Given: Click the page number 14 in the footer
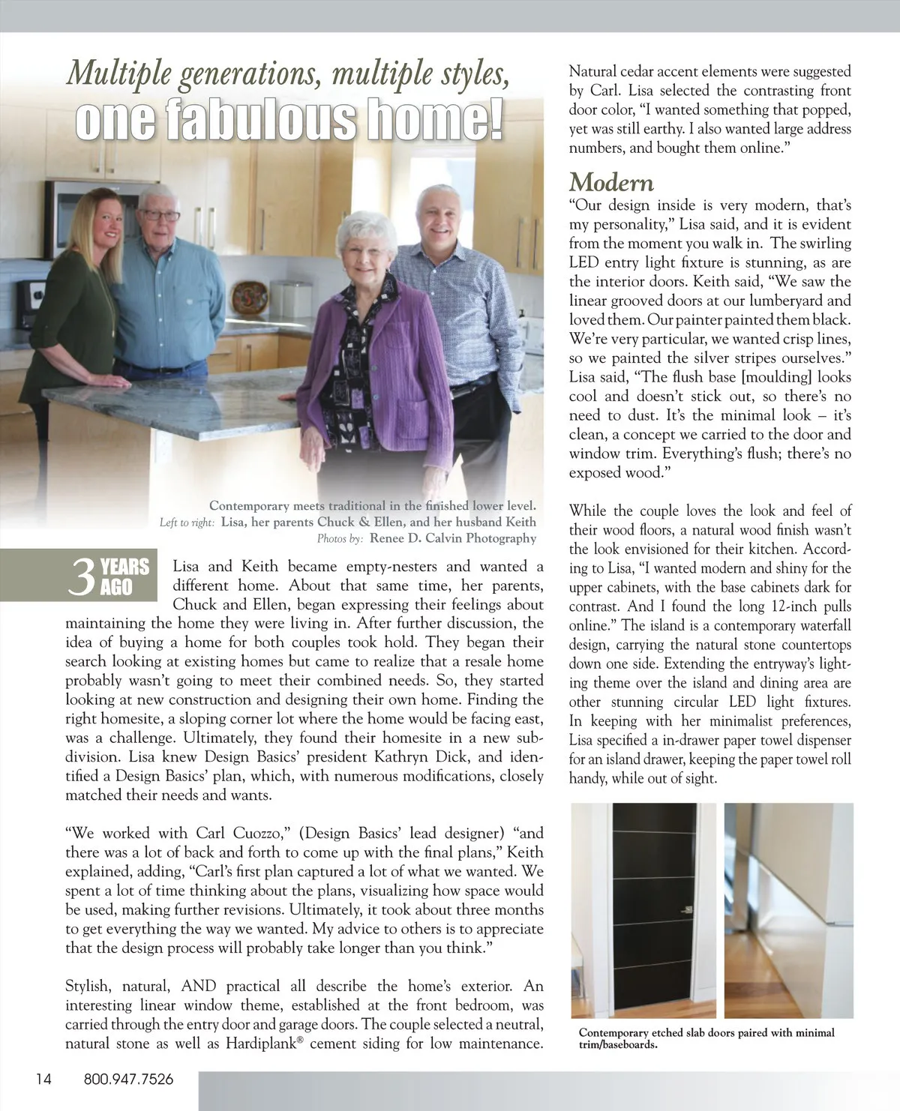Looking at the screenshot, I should tap(43, 1080).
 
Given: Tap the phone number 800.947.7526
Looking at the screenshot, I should tap(128, 1080).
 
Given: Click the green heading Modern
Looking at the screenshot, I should tap(611, 182).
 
